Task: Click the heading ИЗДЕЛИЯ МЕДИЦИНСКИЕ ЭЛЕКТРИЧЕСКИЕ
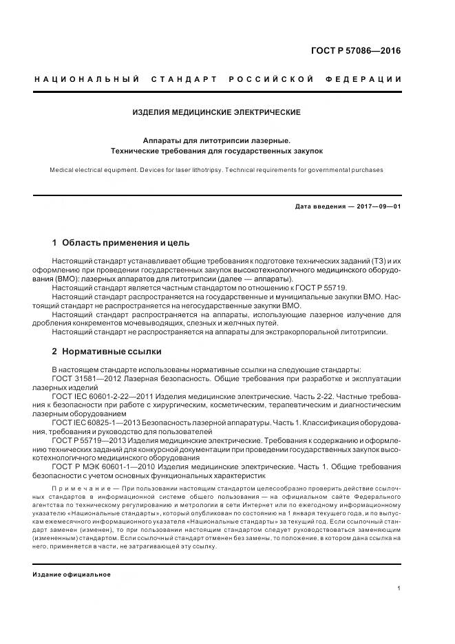(217, 112)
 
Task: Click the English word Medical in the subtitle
(63, 169)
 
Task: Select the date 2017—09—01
(377, 206)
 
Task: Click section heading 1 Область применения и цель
(120, 243)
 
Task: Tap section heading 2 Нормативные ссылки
(103, 352)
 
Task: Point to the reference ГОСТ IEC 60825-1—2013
(96, 424)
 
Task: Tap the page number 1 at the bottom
(399, 588)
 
